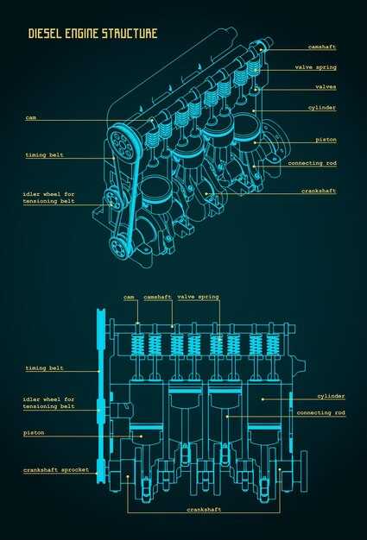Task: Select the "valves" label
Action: (x=326, y=87)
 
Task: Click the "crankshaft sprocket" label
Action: (x=56, y=470)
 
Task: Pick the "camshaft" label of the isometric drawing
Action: (x=322, y=47)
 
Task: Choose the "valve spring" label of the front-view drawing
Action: (x=198, y=297)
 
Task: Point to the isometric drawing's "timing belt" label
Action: (x=44, y=155)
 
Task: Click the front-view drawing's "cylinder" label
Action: (x=331, y=397)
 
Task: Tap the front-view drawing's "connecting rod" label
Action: (x=321, y=412)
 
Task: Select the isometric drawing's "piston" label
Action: (x=326, y=140)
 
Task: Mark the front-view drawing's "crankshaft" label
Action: (x=204, y=509)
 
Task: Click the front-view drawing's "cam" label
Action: (x=129, y=297)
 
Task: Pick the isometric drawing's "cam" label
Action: (x=31, y=118)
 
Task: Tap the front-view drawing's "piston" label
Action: (x=34, y=433)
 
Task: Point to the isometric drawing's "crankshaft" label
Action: (x=319, y=191)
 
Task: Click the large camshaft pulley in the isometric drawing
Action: (x=123, y=143)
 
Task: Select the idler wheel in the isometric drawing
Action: (x=112, y=200)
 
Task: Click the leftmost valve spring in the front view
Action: (x=138, y=345)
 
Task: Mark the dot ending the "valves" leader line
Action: (x=256, y=89)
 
